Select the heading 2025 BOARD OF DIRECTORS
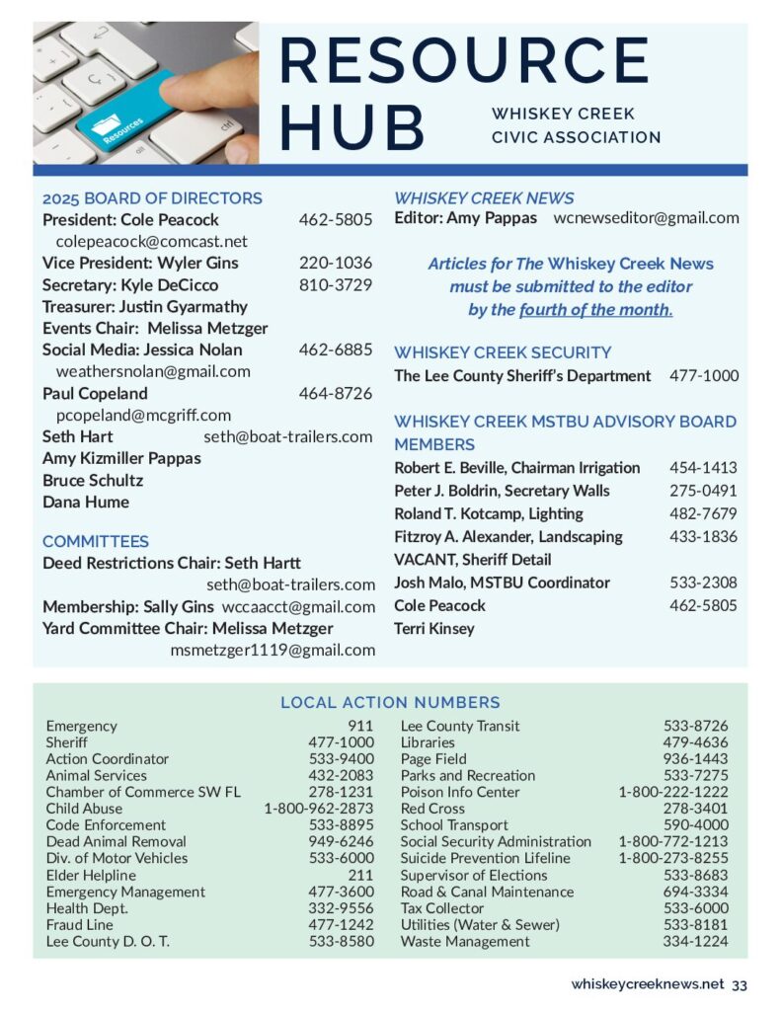point(152,197)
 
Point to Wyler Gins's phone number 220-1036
point(336,263)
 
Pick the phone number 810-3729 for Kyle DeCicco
point(336,284)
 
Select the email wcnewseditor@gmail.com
point(646,218)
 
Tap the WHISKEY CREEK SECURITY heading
point(503,352)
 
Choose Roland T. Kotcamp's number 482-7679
point(703,513)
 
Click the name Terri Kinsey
point(434,628)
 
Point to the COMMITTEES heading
point(96,541)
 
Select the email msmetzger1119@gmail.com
point(273,650)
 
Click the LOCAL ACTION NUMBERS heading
point(390,703)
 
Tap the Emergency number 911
point(360,726)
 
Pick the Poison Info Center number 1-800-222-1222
point(673,792)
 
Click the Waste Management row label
point(465,941)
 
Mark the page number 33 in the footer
point(740,984)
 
